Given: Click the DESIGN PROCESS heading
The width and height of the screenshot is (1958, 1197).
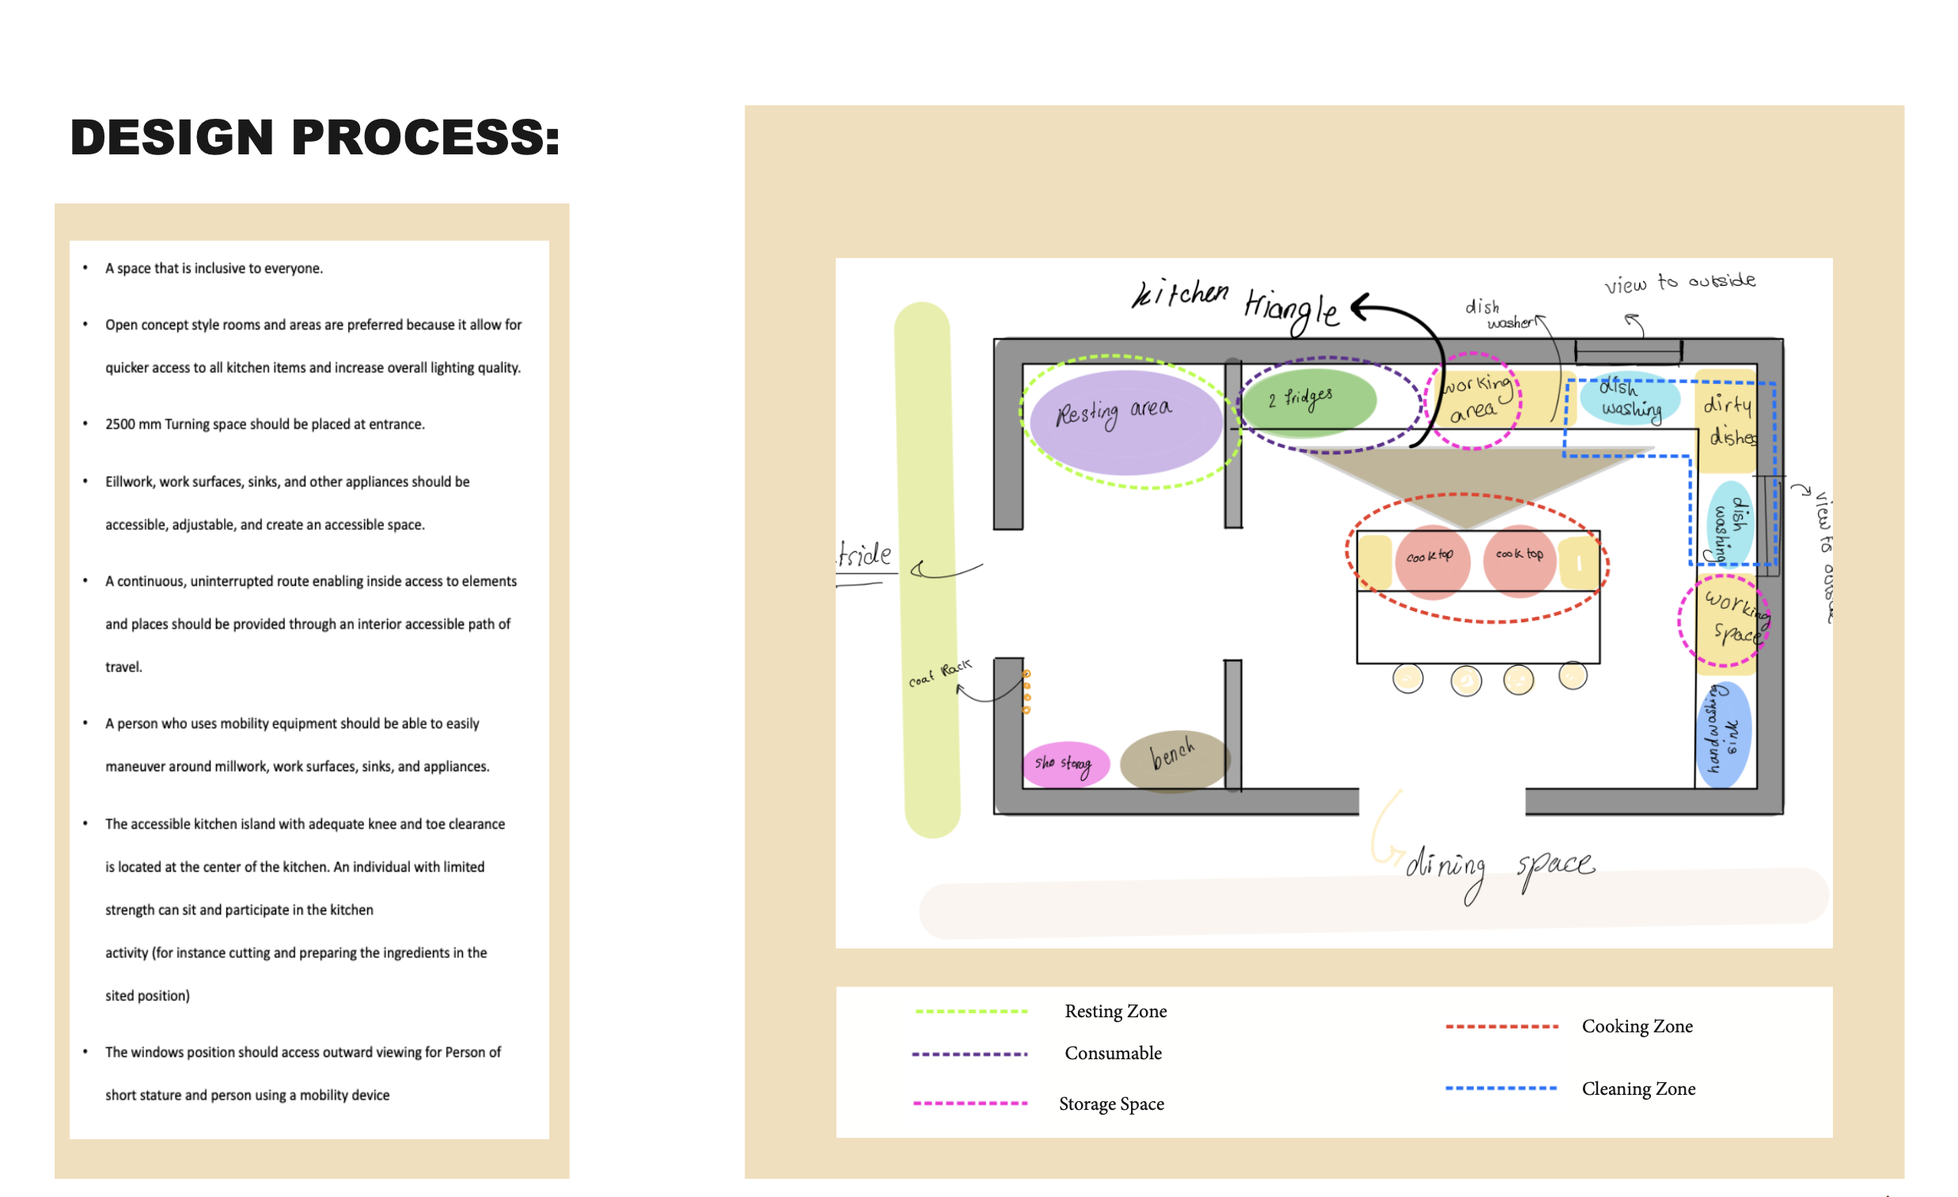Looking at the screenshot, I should coord(315,137).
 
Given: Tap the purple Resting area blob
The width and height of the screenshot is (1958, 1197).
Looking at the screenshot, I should coord(1125,423).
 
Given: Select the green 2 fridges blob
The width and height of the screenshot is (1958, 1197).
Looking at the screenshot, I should coord(1308,402).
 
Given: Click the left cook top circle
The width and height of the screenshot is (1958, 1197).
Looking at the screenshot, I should coord(1432,561).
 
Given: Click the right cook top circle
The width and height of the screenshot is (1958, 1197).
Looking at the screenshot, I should coord(1519,559).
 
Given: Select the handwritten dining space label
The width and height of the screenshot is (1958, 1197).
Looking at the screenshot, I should coord(1499,868).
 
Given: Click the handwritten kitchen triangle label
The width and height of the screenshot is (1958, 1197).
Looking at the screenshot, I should coord(1235,304).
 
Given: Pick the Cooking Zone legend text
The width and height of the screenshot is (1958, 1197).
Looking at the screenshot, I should coord(1636,1026).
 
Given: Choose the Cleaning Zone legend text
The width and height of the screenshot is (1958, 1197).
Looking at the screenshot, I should coord(1637,1089).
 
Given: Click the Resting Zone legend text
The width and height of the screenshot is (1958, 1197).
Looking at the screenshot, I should coord(1115,1011).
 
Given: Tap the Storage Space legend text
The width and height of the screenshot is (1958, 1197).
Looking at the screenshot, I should coord(1111,1104).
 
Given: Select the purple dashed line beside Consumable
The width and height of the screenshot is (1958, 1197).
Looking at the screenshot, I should coord(970,1054).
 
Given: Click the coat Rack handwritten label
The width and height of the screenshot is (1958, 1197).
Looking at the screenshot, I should coord(939,673).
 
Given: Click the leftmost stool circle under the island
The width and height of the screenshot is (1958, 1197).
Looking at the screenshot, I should coord(1407,679).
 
